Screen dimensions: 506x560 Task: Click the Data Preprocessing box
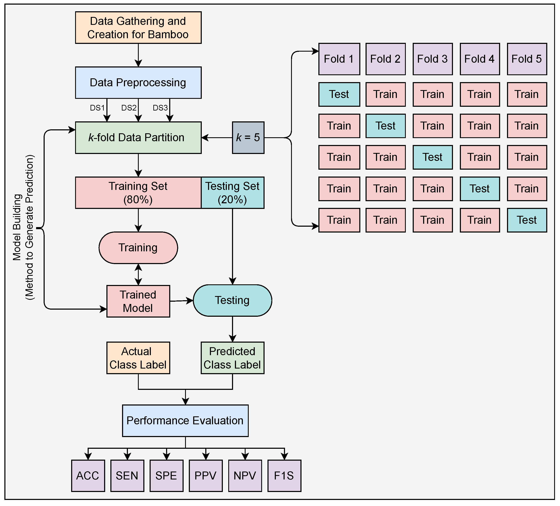138,83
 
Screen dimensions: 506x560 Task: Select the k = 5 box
248,137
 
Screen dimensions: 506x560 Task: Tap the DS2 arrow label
129,108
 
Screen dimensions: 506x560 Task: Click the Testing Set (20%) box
232,193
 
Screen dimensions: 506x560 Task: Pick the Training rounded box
138,247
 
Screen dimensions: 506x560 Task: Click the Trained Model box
138,301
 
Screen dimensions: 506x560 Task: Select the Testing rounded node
232,300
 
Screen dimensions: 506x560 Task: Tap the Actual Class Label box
138,358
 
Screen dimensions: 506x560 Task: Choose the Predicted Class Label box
232,358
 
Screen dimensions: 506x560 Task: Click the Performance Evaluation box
185,420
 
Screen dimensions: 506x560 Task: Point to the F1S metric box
284,476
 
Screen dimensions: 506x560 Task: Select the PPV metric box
206,476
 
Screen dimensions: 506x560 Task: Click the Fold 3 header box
432,59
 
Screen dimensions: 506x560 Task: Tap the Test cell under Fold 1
339,94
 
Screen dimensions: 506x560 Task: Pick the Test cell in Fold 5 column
527,220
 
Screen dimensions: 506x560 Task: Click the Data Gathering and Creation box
138,28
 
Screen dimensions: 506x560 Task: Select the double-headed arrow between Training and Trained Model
138,274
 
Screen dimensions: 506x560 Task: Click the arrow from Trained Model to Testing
181,301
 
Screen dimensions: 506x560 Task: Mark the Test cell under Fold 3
432,157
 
